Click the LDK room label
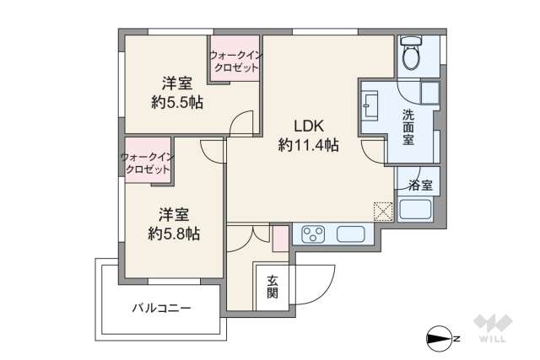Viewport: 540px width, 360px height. tap(308, 125)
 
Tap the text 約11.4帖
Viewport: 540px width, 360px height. tap(308, 145)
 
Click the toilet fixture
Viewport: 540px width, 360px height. tap(411, 56)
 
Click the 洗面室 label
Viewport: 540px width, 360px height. tap(408, 127)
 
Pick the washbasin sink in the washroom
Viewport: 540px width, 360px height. tap(370, 107)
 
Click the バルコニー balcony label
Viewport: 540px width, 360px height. tap(160, 309)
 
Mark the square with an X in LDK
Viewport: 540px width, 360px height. tap(382, 211)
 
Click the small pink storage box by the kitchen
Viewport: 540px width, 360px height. tap(279, 238)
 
